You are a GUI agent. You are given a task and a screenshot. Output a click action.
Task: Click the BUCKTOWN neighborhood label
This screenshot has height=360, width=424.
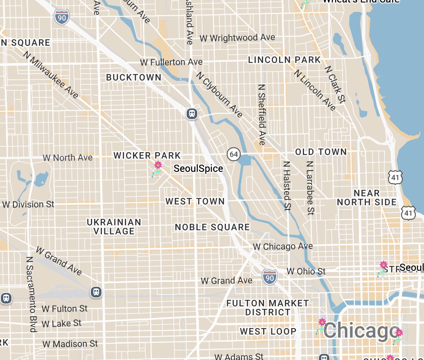click(133, 77)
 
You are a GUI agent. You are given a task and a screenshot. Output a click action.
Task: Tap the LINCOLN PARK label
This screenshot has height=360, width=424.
click(284, 60)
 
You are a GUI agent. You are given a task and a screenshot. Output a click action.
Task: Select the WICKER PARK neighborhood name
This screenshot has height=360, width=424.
click(147, 155)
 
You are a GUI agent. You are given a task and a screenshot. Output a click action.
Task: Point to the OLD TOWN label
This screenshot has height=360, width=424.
click(321, 152)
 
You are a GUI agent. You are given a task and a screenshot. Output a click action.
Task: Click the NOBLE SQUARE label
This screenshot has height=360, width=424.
click(212, 227)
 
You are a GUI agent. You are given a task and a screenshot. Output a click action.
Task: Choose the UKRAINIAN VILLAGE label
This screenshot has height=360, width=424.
click(114, 227)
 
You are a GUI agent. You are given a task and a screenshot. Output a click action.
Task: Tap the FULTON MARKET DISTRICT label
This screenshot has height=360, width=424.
click(268, 308)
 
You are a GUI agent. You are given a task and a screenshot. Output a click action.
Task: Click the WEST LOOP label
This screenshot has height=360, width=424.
click(268, 331)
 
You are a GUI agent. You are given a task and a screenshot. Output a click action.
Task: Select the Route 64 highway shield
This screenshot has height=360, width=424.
click(234, 154)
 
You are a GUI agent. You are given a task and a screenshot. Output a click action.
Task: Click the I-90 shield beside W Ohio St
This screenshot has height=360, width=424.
click(270, 277)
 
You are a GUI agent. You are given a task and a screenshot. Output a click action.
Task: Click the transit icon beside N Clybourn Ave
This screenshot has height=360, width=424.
click(192, 113)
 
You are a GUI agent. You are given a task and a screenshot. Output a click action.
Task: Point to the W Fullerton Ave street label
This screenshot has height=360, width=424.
click(171, 62)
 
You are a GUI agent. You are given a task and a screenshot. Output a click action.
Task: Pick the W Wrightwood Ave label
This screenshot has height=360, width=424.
click(237, 38)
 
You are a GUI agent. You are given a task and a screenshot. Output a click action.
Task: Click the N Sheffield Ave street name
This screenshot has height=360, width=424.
click(262, 115)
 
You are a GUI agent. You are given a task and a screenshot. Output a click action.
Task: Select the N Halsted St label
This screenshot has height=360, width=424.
click(287, 185)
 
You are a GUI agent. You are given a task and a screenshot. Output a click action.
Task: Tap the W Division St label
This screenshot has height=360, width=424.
click(28, 204)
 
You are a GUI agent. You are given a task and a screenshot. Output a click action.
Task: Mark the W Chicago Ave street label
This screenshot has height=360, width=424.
click(283, 246)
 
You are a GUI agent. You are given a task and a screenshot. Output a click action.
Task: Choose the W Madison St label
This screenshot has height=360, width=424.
click(70, 344)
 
